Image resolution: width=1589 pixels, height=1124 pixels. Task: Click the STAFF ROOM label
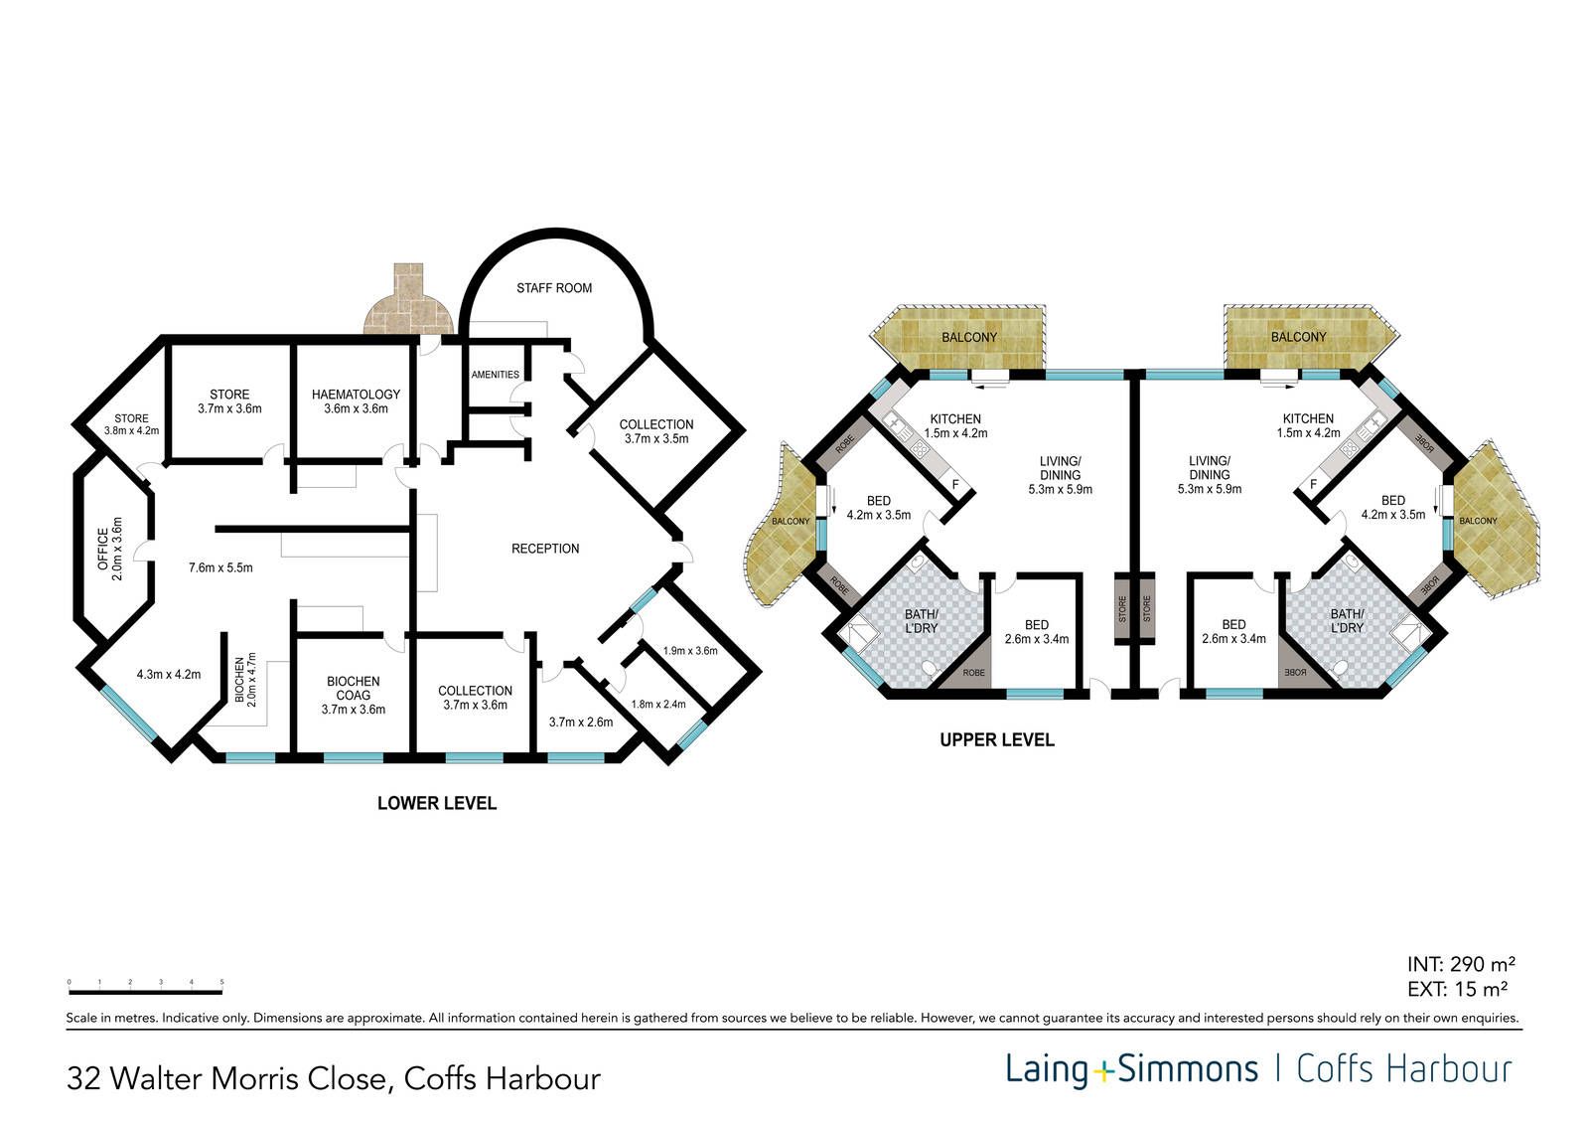pyautogui.click(x=554, y=288)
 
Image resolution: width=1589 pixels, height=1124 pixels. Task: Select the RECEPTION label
pyautogui.click(x=545, y=549)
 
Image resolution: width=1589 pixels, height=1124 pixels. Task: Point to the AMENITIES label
pyautogui.click(x=496, y=375)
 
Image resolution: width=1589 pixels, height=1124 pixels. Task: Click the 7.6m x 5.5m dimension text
pyautogui.click(x=220, y=568)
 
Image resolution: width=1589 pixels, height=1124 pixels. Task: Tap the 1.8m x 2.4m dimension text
pyautogui.click(x=658, y=705)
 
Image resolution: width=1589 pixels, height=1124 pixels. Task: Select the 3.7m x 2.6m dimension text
pyautogui.click(x=581, y=723)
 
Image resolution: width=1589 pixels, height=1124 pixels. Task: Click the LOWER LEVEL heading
pyautogui.click(x=437, y=803)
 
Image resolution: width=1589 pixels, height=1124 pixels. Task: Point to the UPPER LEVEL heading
pyautogui.click(x=997, y=739)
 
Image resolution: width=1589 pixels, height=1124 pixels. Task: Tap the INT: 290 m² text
pyautogui.click(x=1462, y=964)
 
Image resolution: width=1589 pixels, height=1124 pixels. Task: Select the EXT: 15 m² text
pyautogui.click(x=1458, y=989)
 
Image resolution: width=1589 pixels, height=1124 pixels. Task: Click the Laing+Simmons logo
pyautogui.click(x=1132, y=1069)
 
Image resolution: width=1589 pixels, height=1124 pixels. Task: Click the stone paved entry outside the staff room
pyautogui.click(x=409, y=300)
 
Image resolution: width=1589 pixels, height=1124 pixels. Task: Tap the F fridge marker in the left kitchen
pyautogui.click(x=955, y=485)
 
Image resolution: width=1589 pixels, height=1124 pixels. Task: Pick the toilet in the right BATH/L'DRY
pyautogui.click(x=1340, y=668)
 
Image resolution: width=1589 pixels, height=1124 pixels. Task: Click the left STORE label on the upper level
pyautogui.click(x=1122, y=608)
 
